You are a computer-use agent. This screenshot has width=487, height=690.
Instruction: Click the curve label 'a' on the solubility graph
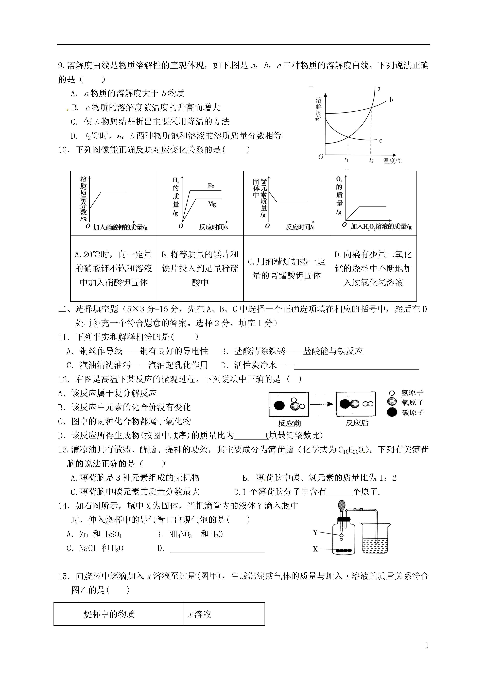[x=379, y=89]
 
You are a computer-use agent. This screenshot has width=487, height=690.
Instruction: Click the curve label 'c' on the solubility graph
[x=380, y=141]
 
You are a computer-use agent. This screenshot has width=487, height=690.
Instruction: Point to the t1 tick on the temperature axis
[x=346, y=160]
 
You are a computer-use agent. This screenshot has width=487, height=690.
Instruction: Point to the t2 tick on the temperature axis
[x=371, y=160]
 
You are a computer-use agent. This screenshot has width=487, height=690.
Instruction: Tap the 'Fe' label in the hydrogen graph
[x=211, y=186]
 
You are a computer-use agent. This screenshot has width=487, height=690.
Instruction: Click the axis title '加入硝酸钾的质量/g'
[x=120, y=227]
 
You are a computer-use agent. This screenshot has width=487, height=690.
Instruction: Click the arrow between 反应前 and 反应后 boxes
[x=322, y=404]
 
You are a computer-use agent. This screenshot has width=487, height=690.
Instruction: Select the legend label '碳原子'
[x=413, y=413]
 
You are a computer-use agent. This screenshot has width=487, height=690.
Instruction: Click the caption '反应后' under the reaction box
[x=356, y=423]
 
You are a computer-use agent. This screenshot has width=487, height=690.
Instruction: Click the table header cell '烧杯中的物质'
[x=109, y=614]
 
